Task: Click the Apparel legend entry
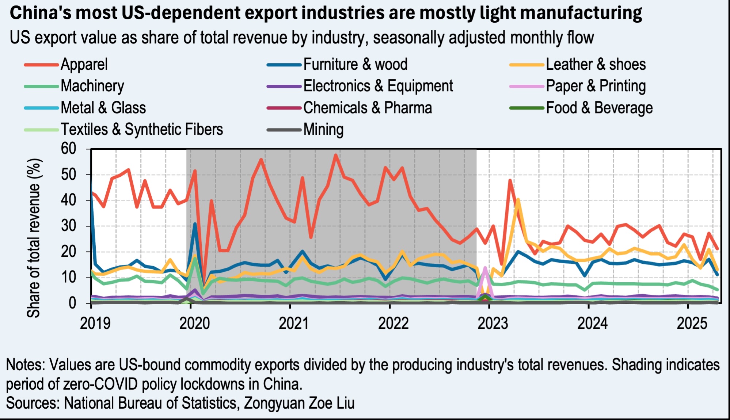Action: [84, 65]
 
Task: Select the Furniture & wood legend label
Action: [355, 65]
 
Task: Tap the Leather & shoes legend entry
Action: [596, 65]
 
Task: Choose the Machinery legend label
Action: [92, 86]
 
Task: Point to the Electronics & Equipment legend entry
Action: [378, 86]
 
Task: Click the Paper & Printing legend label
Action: [596, 86]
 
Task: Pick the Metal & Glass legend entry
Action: [103, 108]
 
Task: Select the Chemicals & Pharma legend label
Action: [368, 108]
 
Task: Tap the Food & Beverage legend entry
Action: [599, 108]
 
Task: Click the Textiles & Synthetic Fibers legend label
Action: [142, 129]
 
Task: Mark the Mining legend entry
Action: [323, 129]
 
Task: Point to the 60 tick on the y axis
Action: [69, 149]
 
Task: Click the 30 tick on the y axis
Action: [69, 226]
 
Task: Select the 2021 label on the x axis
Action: [293, 324]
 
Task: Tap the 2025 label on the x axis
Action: [692, 324]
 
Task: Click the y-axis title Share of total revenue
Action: [34, 237]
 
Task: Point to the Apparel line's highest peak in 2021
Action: [336, 155]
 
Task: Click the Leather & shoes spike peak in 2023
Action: [518, 200]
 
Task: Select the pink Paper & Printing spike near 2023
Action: [485, 268]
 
